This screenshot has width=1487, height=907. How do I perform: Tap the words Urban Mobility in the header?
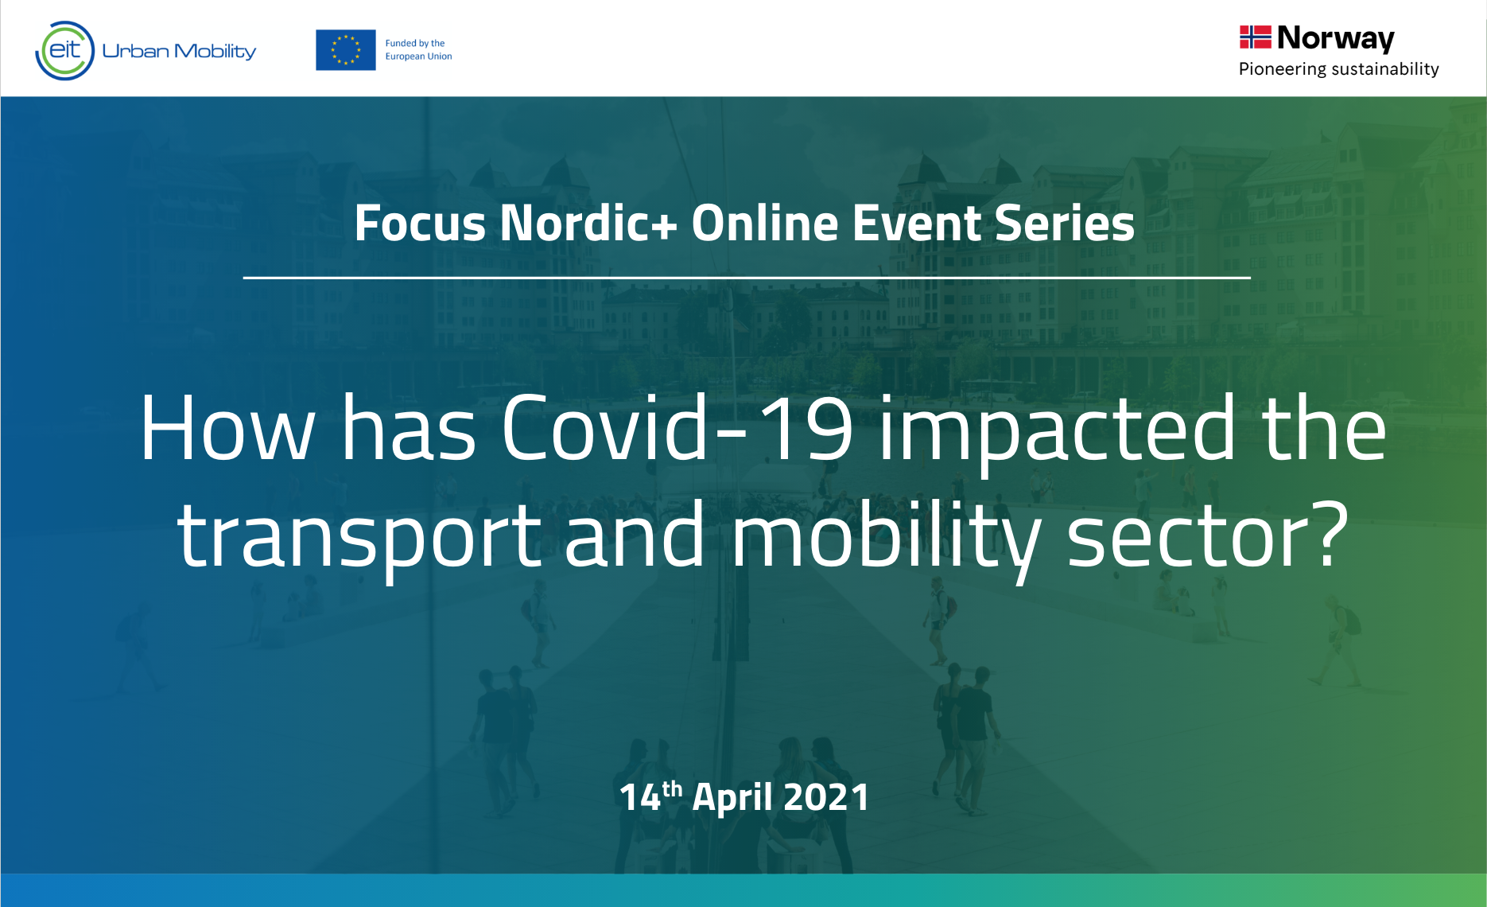click(179, 52)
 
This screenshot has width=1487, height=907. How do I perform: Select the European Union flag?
click(346, 50)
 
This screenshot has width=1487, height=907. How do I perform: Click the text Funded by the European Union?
click(418, 50)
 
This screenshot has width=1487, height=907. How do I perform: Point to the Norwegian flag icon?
click(1256, 37)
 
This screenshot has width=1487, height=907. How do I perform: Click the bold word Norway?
click(1336, 38)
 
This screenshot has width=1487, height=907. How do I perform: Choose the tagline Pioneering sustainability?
click(1339, 69)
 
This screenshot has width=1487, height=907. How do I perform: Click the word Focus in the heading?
click(420, 223)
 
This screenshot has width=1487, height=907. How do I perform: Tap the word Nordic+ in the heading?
click(588, 223)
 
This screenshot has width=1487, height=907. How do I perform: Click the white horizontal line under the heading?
click(747, 278)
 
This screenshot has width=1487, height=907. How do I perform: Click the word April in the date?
click(732, 797)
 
